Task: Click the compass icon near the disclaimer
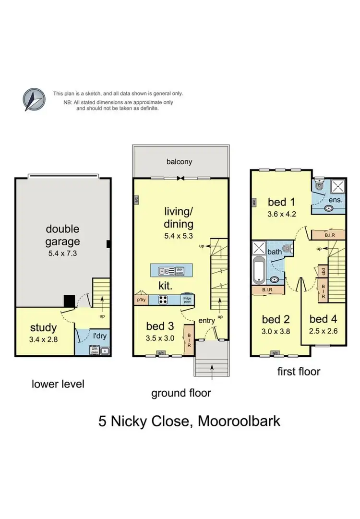(35, 100)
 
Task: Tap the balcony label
(179, 161)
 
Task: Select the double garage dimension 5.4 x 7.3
(62, 253)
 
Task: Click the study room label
(44, 328)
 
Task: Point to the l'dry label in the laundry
(99, 336)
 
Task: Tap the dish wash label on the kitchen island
(180, 271)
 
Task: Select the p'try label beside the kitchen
(141, 300)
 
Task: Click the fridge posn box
(187, 300)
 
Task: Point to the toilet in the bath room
(287, 248)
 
